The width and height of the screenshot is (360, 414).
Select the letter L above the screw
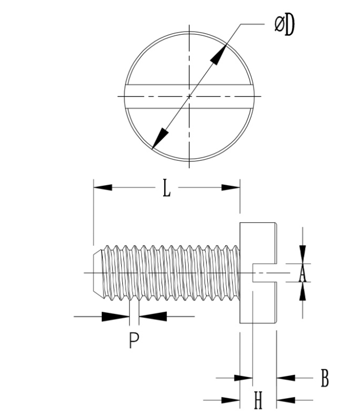(x=167, y=188)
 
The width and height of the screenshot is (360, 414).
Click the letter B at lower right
(x=325, y=378)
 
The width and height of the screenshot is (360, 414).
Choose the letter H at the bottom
(x=258, y=402)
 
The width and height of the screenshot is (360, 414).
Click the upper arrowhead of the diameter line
(x=220, y=56)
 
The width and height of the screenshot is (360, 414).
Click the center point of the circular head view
(x=189, y=97)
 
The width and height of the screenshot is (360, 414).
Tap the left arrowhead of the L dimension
(x=103, y=187)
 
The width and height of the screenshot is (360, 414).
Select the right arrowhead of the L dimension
(x=231, y=187)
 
